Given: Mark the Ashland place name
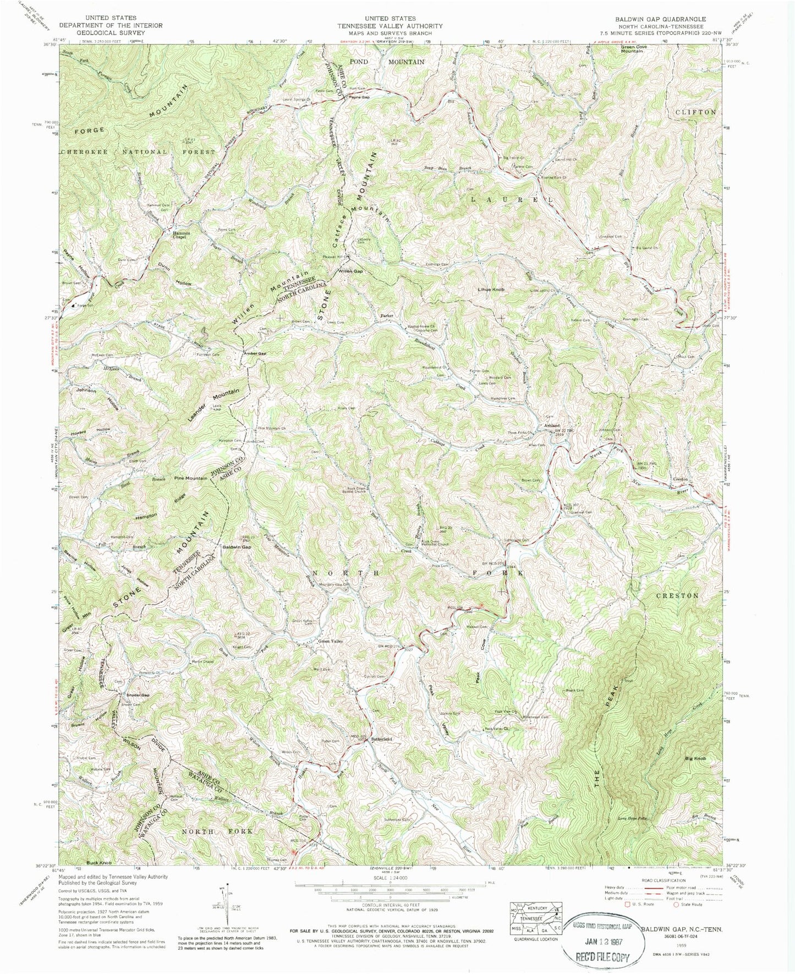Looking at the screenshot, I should click(x=552, y=425).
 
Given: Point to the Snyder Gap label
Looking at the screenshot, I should click(x=135, y=695).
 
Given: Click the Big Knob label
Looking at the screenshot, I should click(x=695, y=759).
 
